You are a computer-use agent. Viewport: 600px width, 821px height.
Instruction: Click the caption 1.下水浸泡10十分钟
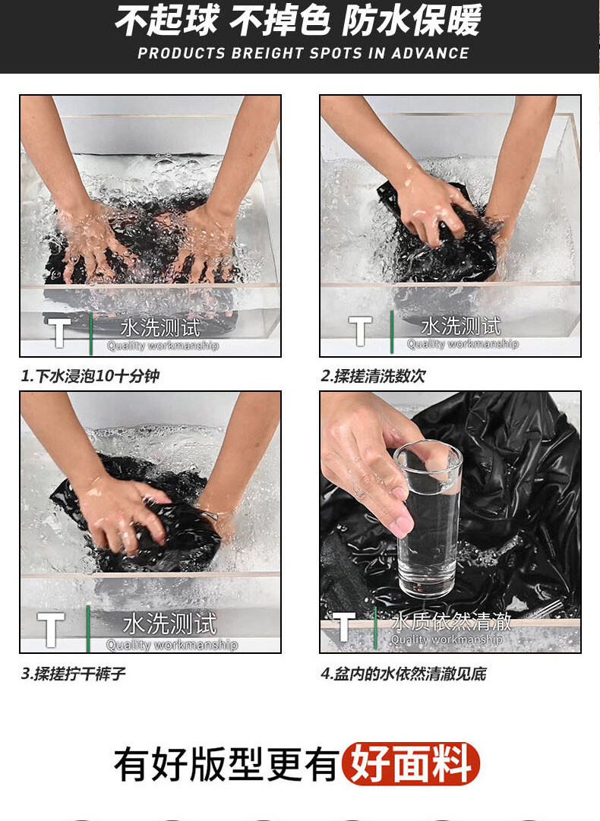tap(90, 375)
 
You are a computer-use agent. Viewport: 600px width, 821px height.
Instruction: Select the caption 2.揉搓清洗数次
tap(374, 375)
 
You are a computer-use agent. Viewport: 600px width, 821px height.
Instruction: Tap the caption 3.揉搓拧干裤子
tap(74, 673)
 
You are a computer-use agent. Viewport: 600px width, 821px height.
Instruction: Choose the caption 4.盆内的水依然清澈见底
tap(403, 673)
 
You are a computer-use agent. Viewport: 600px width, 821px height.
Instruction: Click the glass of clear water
tap(428, 519)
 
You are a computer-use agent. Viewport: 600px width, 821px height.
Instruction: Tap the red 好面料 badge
tap(411, 763)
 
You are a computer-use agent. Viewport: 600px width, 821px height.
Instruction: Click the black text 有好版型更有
tap(226, 764)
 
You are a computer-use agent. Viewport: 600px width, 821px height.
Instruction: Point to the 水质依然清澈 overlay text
tap(451, 621)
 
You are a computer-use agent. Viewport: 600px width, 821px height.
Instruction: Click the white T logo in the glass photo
tap(344, 627)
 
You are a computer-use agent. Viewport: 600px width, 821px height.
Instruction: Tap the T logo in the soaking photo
tap(59, 332)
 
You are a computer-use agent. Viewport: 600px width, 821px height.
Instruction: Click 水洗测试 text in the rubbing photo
tap(461, 326)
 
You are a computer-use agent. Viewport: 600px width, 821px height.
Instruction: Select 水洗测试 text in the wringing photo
tap(169, 624)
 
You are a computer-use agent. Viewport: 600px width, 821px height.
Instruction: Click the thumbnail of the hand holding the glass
tap(450, 522)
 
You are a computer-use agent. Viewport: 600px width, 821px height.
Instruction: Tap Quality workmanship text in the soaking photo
tap(163, 345)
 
